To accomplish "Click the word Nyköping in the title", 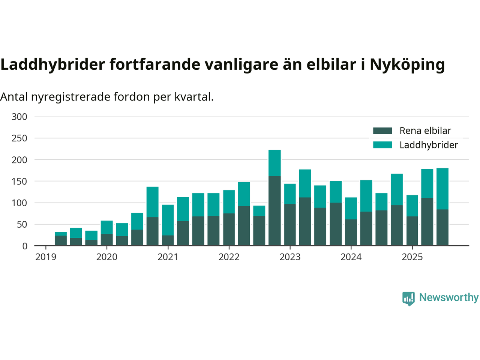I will coord(407,64).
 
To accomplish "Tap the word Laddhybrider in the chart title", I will coord(53,64).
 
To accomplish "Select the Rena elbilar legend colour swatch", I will coord(382,131).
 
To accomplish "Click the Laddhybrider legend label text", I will coord(429,145).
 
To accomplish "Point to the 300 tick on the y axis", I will coord(19,117).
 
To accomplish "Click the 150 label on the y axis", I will coord(19,181).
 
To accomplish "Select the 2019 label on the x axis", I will coord(46,257).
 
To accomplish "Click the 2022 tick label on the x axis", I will coord(229,257).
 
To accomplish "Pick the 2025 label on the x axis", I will coord(412,257).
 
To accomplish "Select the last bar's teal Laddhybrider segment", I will coord(442,189).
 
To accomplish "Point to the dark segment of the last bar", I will coord(442,228).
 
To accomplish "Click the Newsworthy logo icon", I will coord(408,298).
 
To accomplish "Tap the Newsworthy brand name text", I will coord(449,297).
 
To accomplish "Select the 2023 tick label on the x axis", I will coord(290,257).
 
